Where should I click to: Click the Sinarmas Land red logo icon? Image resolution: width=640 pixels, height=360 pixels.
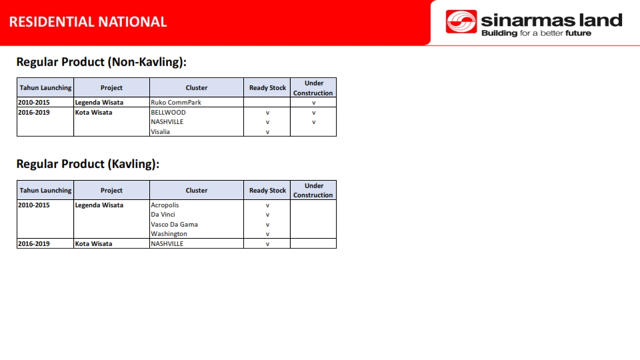(461, 21)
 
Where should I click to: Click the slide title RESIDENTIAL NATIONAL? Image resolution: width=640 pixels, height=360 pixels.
(88, 21)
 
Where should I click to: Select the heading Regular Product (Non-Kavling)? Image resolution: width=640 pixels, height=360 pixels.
(101, 62)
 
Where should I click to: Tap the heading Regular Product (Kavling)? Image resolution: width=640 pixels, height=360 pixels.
(88, 164)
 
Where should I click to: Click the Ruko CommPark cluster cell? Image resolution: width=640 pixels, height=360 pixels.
(176, 103)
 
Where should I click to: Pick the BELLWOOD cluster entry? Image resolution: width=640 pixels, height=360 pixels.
(168, 112)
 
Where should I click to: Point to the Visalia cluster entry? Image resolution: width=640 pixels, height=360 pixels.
(160, 132)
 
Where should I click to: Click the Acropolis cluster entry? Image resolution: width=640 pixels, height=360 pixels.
(165, 205)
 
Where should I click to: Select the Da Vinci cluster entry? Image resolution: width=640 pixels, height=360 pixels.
(163, 214)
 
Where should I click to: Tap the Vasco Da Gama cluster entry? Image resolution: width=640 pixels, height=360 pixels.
(174, 224)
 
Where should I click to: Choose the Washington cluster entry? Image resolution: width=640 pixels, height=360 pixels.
(169, 234)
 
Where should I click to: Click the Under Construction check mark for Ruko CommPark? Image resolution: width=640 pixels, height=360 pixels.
(313, 103)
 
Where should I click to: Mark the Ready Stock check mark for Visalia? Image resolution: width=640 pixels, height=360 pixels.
(267, 132)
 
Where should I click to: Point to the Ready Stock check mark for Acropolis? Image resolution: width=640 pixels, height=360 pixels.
(267, 205)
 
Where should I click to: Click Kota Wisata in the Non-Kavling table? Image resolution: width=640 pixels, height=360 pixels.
(93, 112)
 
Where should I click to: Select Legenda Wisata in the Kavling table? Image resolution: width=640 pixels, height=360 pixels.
(99, 205)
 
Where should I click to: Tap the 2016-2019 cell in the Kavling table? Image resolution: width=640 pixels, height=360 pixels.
(34, 244)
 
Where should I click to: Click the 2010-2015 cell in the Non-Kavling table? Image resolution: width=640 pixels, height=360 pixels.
(34, 103)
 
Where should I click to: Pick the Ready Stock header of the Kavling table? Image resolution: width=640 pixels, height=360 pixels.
(267, 190)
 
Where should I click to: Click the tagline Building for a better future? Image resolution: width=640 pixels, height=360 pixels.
(536, 33)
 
